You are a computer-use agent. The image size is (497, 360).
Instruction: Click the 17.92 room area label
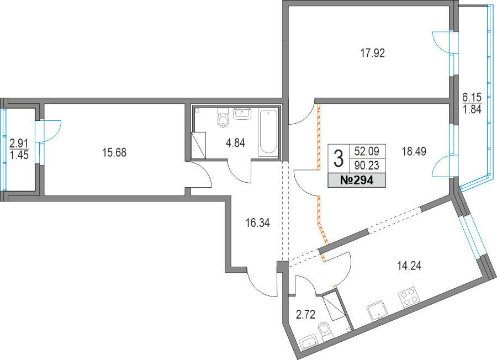373,53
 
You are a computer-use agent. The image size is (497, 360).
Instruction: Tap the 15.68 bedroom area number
114,153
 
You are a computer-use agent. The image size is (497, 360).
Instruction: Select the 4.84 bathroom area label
235,143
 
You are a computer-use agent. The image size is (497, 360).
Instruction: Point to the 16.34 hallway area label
258,223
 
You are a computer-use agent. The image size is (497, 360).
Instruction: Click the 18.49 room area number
414,151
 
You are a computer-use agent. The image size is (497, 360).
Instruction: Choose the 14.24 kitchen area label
410,266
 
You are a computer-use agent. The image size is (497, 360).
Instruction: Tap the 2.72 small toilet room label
305,315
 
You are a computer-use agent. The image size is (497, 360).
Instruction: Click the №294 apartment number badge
357,181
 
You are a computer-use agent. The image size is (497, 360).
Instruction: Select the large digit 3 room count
339,159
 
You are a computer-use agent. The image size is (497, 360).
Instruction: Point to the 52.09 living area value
367,151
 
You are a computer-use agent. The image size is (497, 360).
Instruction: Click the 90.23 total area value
367,166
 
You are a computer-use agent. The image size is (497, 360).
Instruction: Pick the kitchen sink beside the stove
378,310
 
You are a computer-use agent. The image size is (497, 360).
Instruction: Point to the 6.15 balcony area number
472,96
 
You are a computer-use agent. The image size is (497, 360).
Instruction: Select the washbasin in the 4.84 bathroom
242,114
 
